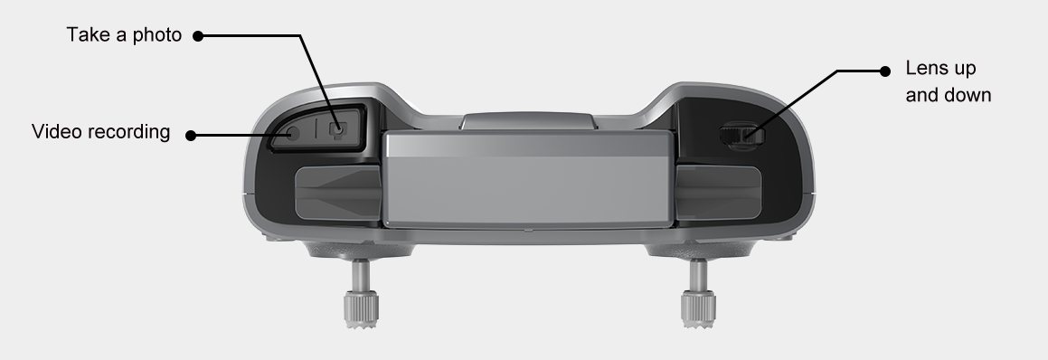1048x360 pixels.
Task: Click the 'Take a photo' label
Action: [x=124, y=34]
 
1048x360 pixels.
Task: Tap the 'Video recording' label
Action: [x=101, y=132]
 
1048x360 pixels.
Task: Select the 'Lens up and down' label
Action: [x=949, y=81]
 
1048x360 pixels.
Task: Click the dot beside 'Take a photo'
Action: [x=198, y=36]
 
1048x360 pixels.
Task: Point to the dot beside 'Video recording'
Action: [x=191, y=135]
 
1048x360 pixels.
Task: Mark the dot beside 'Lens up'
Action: [x=885, y=71]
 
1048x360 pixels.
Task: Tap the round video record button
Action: [x=291, y=133]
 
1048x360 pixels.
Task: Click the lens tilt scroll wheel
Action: [x=741, y=135]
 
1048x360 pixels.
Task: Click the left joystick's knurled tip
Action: [x=362, y=308]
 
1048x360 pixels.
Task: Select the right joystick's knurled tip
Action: [x=698, y=308]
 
